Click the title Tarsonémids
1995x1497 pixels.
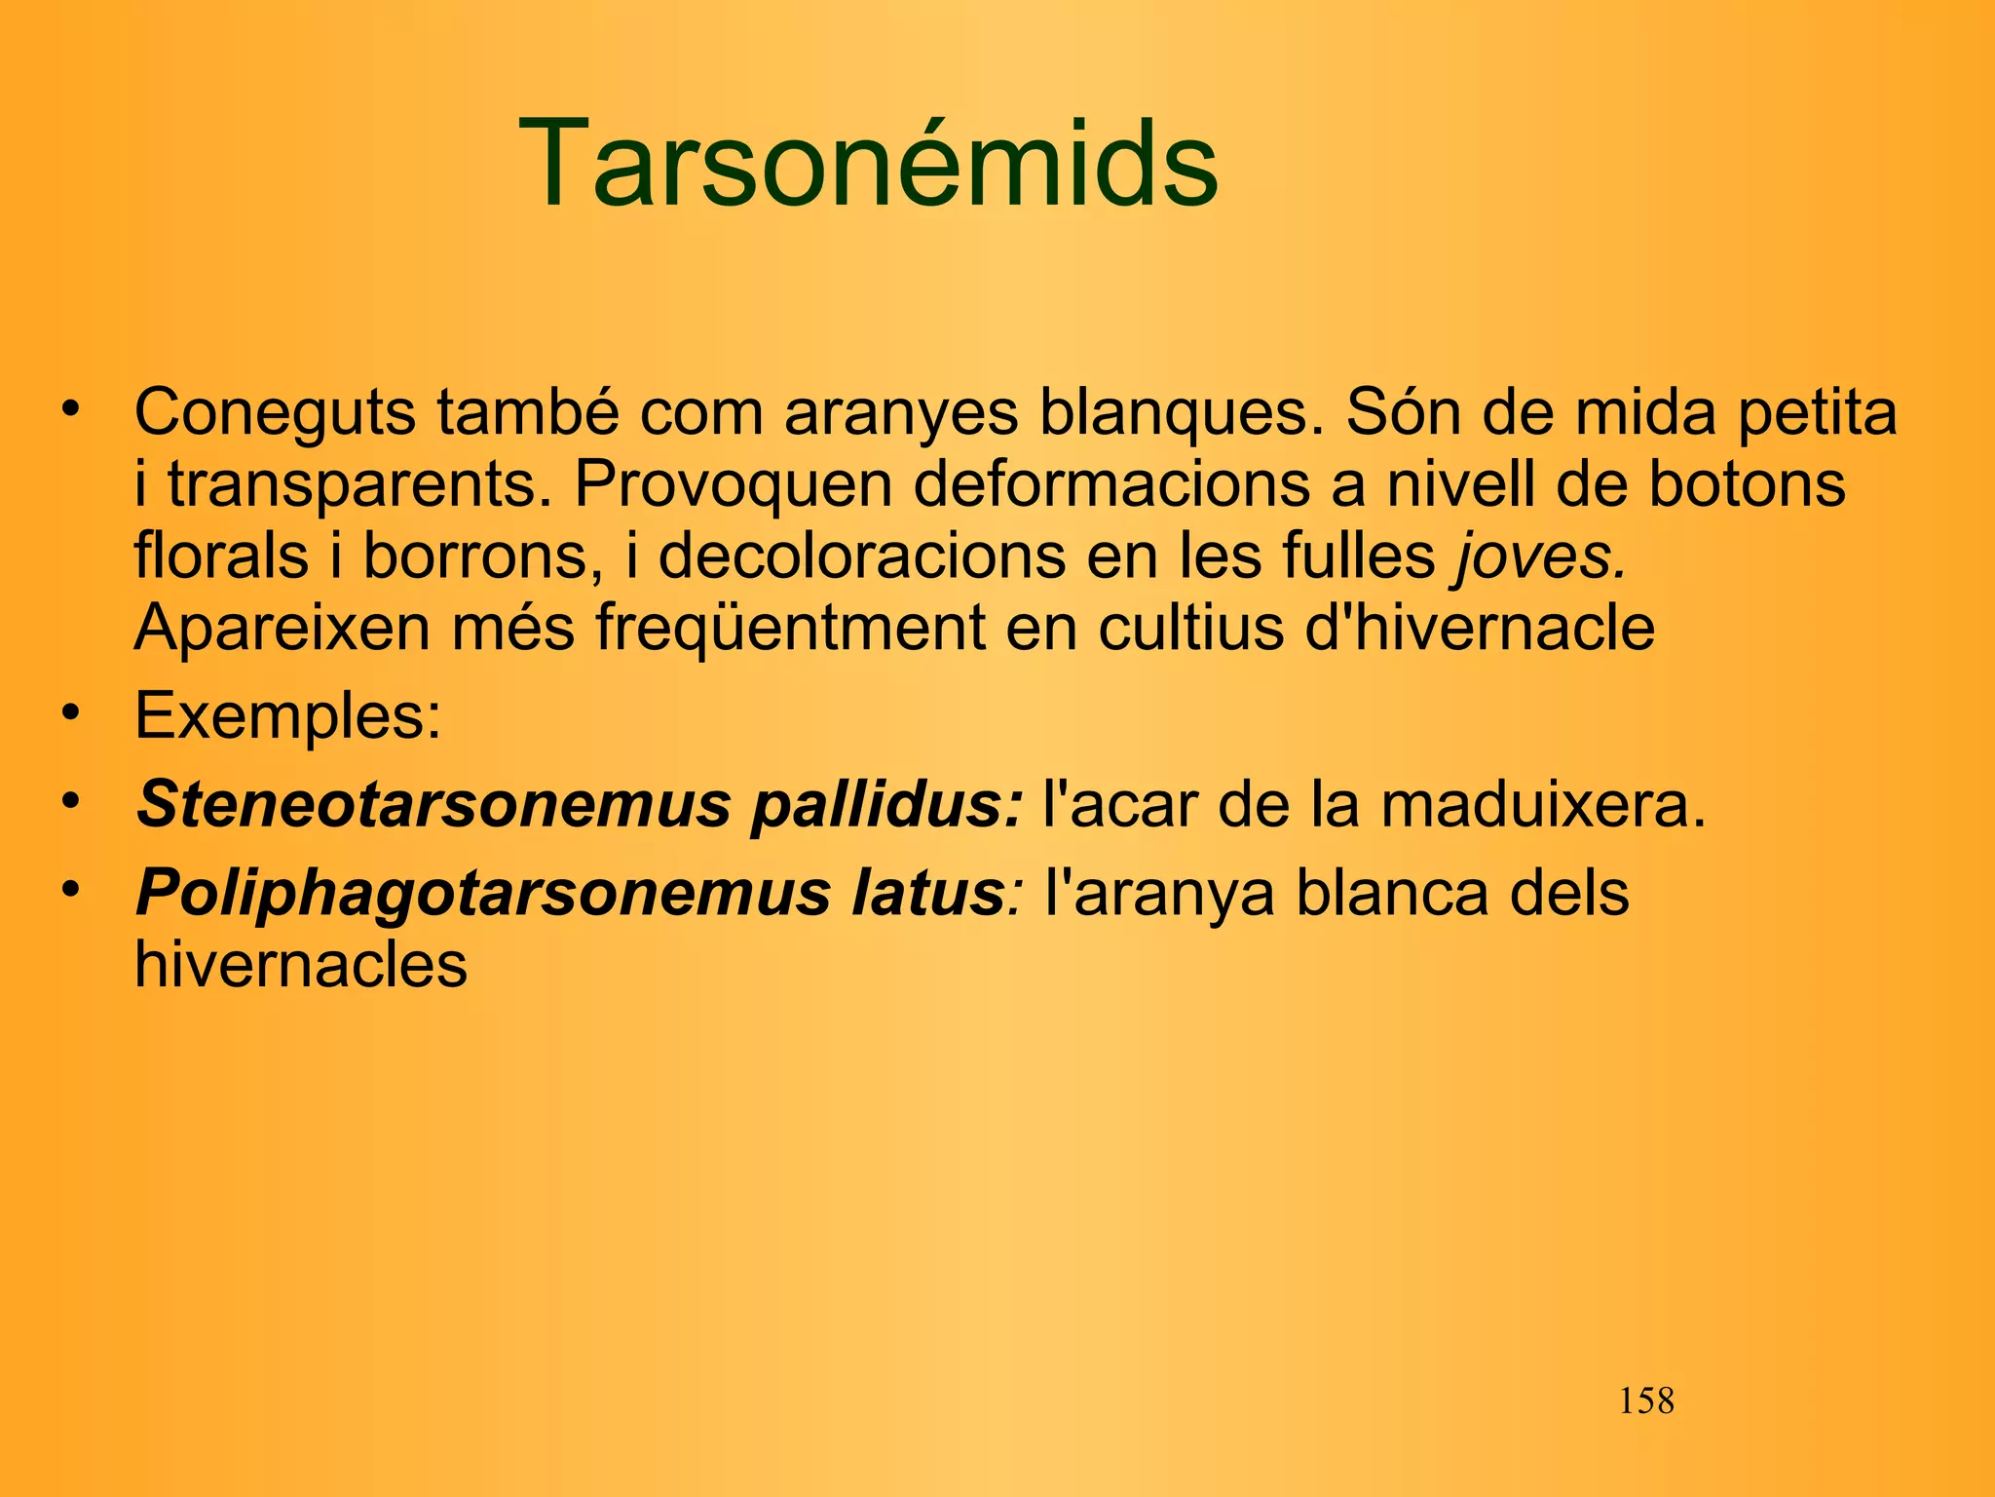868,163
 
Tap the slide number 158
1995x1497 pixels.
1645,1401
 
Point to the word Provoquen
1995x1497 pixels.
733,484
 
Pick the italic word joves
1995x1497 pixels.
1540,557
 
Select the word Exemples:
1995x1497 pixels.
288,716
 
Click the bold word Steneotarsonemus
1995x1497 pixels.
433,805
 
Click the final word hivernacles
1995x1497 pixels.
301,965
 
